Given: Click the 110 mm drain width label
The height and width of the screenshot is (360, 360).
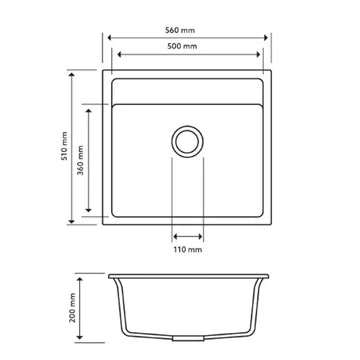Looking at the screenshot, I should [188, 250].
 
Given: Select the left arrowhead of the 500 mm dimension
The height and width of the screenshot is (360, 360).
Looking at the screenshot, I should [118, 56].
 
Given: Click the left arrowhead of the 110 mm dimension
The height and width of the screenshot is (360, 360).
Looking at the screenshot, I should [175, 237].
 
